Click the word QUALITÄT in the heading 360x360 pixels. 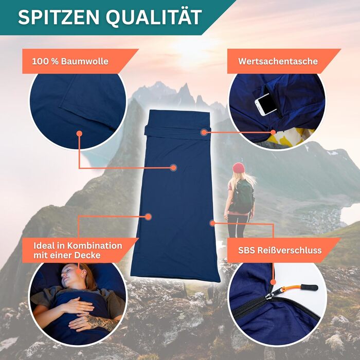154,17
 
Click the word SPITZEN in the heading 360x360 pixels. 59,17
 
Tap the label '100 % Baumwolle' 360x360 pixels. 70,61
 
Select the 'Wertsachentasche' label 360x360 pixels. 278,61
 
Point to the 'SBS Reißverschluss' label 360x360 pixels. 280,250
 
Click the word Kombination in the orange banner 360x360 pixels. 95,246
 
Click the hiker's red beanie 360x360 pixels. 239,167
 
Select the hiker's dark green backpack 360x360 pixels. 242,196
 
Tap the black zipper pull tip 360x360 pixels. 310,287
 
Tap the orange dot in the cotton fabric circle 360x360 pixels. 79,134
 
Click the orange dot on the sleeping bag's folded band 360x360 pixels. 204,132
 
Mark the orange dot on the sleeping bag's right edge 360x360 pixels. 212,223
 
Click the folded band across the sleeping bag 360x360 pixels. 177,131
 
